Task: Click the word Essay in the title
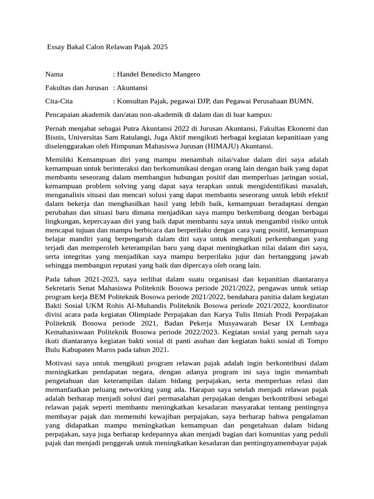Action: click(x=56, y=48)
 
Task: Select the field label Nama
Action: click(x=55, y=75)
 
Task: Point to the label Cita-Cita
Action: click(x=59, y=101)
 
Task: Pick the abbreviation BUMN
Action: click(x=301, y=101)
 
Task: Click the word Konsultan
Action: click(x=133, y=101)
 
